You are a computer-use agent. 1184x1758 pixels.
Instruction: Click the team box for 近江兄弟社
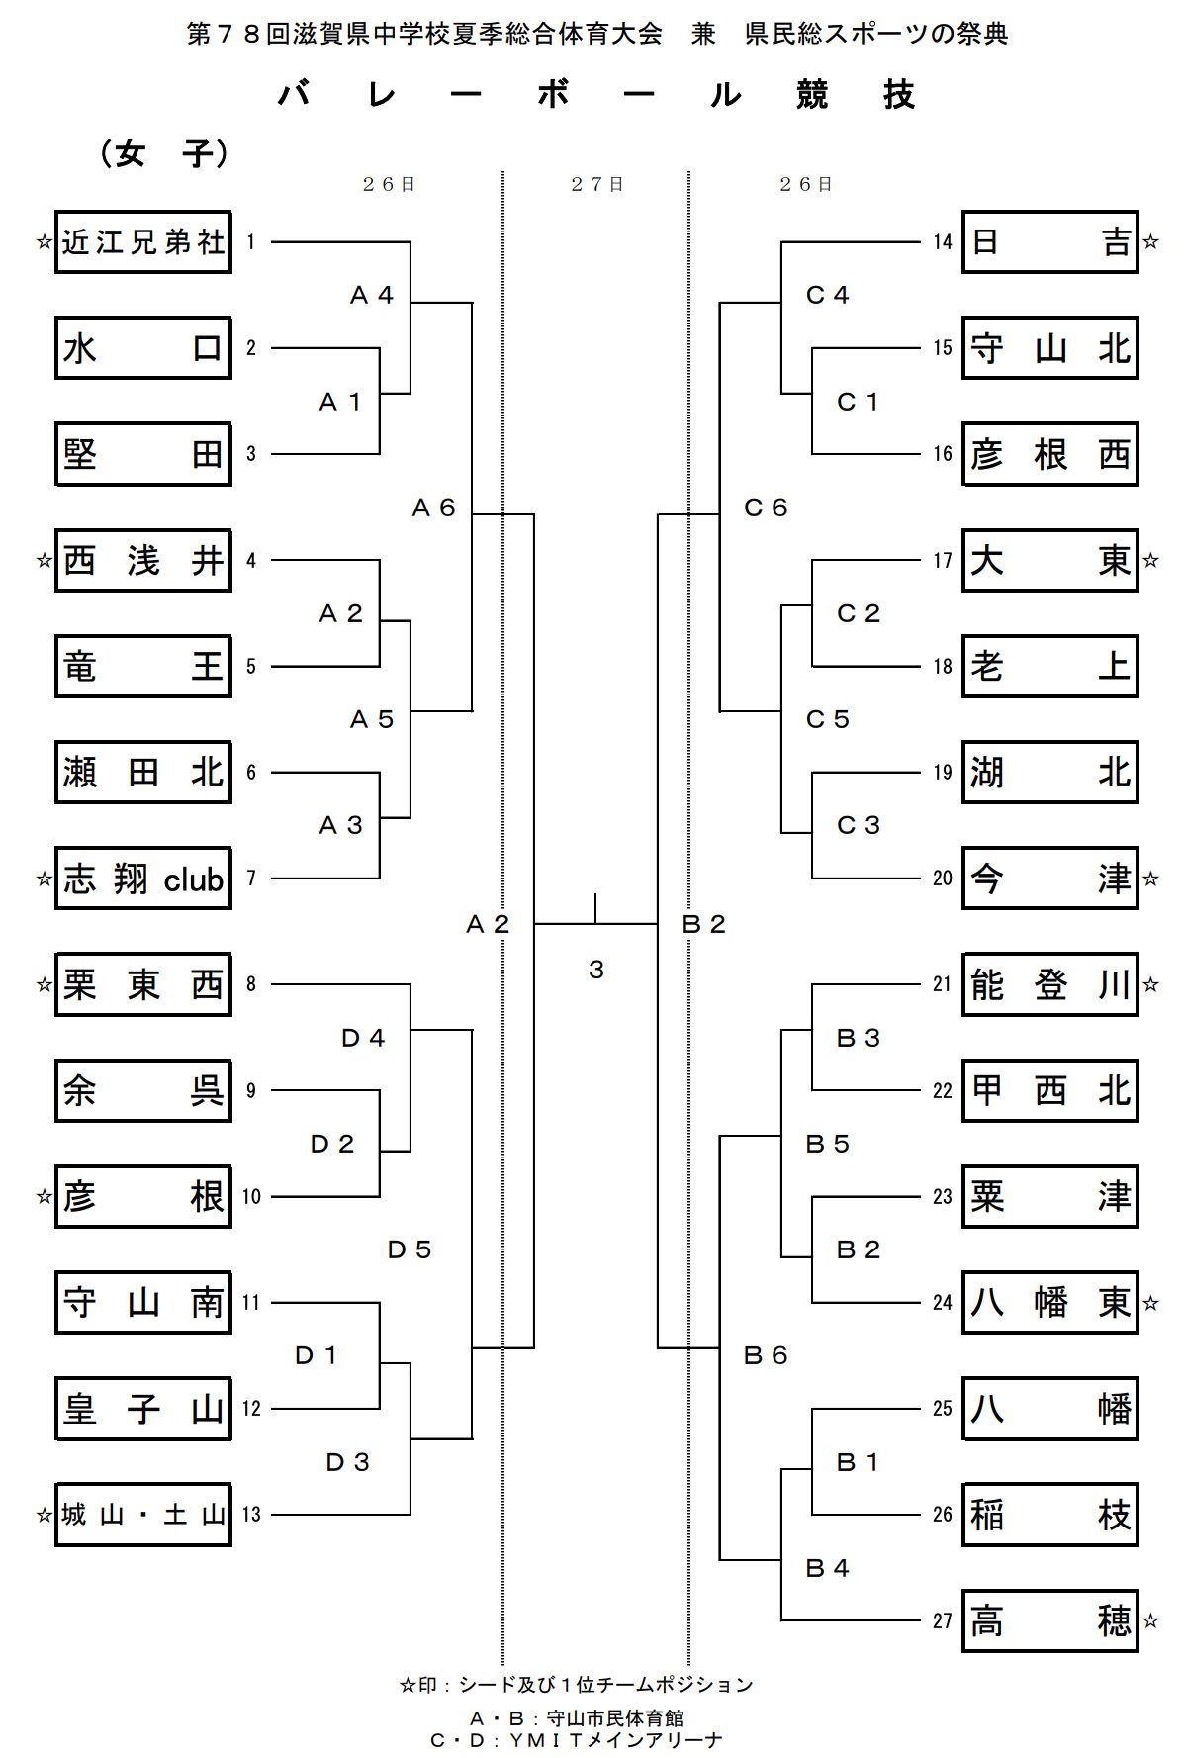coord(143,242)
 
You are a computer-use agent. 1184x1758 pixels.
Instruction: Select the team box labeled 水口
coord(143,348)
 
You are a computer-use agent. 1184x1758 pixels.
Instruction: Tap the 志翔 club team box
coord(143,879)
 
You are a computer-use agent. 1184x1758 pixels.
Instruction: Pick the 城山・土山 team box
coord(143,1515)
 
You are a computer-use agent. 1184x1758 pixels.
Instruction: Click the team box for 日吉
coord(1049,242)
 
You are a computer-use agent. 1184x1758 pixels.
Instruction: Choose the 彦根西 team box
coord(1049,455)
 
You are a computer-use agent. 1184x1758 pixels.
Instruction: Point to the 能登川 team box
coord(1049,985)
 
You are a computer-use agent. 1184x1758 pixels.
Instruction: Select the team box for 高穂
coord(1049,1620)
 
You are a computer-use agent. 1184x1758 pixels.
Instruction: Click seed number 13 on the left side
coord(251,1515)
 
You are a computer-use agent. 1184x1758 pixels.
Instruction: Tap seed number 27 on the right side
coord(942,1621)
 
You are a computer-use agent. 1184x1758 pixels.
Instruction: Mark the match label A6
coord(433,509)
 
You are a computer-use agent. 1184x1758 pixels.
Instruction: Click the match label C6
coord(766,509)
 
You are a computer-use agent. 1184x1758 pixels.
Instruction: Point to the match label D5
coord(410,1250)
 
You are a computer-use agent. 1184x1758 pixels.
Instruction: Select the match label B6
coord(766,1356)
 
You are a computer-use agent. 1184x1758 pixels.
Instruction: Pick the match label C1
coord(858,403)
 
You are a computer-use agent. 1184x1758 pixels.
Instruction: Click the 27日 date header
coord(596,185)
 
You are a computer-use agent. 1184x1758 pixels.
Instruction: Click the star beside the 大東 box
coord(1150,561)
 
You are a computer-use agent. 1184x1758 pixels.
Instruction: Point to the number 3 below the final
coord(595,971)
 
